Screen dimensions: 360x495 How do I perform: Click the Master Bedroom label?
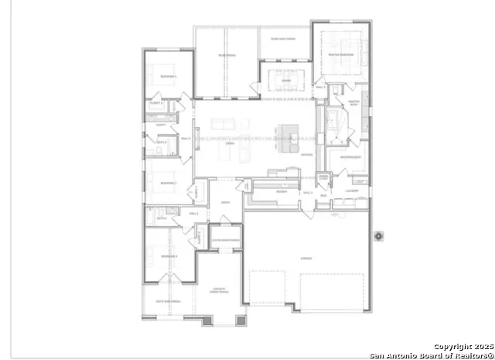pyautogui.click(x=340, y=55)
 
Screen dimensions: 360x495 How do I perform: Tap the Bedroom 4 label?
pyautogui.click(x=168, y=77)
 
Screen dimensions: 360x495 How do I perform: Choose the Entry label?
pyautogui.click(x=226, y=204)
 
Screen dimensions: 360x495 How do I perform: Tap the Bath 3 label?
pyautogui.click(x=162, y=142)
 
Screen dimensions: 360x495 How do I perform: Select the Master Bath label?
pyautogui.click(x=354, y=102)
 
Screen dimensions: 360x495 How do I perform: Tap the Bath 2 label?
pyautogui.click(x=162, y=219)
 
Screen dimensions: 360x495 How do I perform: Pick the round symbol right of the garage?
pyautogui.click(x=379, y=236)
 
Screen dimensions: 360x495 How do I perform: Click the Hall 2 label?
pyautogui.click(x=193, y=213)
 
